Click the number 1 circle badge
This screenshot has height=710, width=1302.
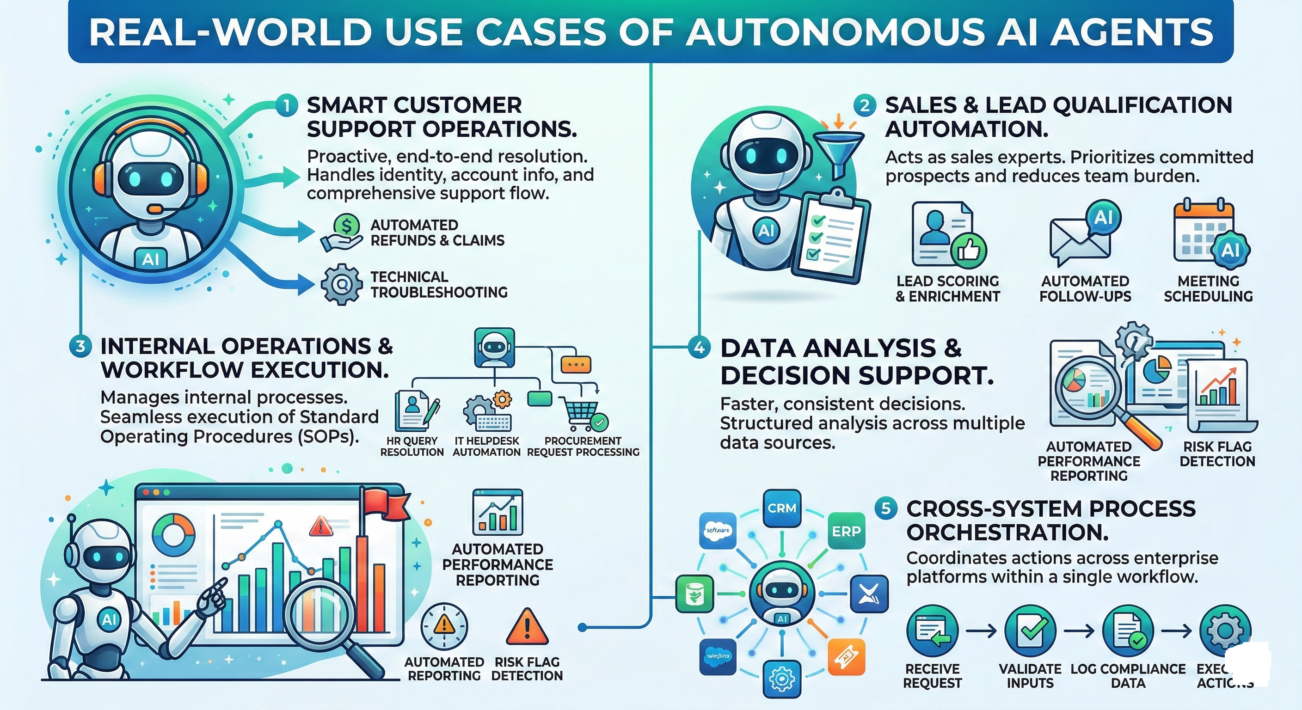coord(286,106)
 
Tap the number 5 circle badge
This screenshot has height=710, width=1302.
coord(885,508)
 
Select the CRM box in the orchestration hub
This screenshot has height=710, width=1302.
coord(782,508)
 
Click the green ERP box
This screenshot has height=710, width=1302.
coord(846,531)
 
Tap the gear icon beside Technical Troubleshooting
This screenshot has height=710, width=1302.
coord(342,284)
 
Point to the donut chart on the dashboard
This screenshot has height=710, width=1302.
coord(173,537)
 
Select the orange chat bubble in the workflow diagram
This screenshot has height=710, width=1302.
coord(576,364)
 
